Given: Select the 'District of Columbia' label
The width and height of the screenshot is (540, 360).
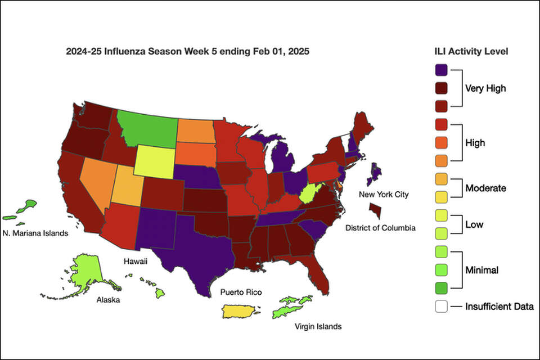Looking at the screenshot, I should point(380,228).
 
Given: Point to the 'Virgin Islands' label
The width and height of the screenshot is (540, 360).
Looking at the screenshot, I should point(318,326).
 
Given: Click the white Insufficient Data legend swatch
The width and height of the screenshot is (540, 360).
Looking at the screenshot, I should point(442,307).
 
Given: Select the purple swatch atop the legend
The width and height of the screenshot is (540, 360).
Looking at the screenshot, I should point(442,70).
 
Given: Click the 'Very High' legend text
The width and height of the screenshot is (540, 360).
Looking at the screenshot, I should point(485,88).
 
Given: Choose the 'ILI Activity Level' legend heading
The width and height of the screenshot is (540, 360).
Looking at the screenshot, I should point(467,51).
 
